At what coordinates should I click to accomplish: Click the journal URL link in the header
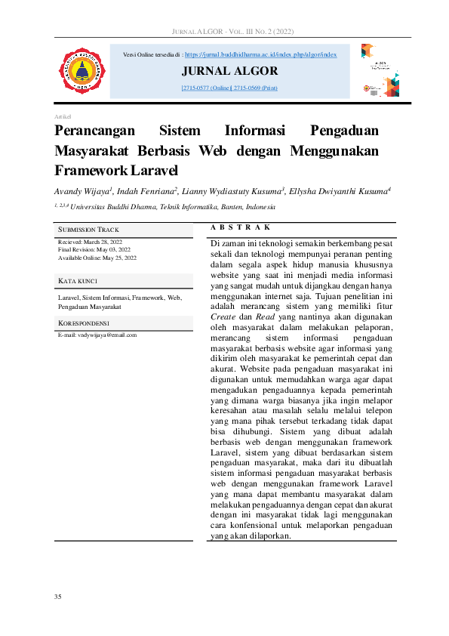(260, 55)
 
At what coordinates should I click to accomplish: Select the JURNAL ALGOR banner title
(229, 72)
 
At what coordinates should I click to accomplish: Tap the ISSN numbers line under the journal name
(229, 88)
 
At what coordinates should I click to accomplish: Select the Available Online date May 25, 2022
(97, 258)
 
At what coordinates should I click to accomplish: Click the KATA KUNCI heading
(78, 281)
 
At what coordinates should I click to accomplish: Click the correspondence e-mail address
(97, 335)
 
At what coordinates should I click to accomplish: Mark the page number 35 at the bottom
(58, 597)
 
